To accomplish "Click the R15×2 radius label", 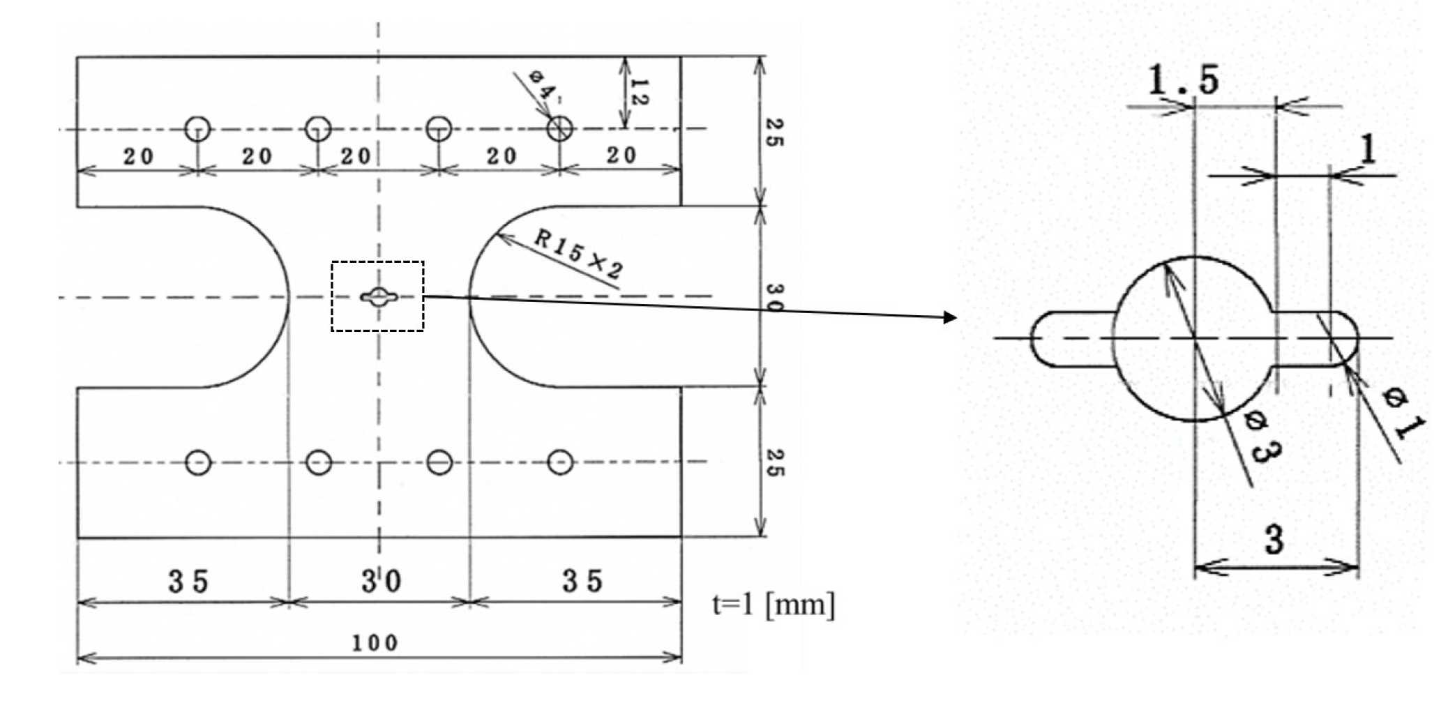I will (x=578, y=255).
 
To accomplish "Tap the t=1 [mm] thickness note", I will (x=773, y=604).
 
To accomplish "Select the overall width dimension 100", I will (x=375, y=642).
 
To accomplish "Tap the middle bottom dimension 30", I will (x=381, y=580).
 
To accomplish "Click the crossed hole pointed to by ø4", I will (x=559, y=128).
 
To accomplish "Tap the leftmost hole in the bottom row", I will (x=198, y=462).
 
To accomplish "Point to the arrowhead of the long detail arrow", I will (x=950, y=318).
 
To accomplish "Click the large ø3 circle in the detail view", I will (x=1194, y=338).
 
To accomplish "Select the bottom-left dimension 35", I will (x=188, y=580).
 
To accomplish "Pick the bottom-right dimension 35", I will (x=583, y=580).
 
